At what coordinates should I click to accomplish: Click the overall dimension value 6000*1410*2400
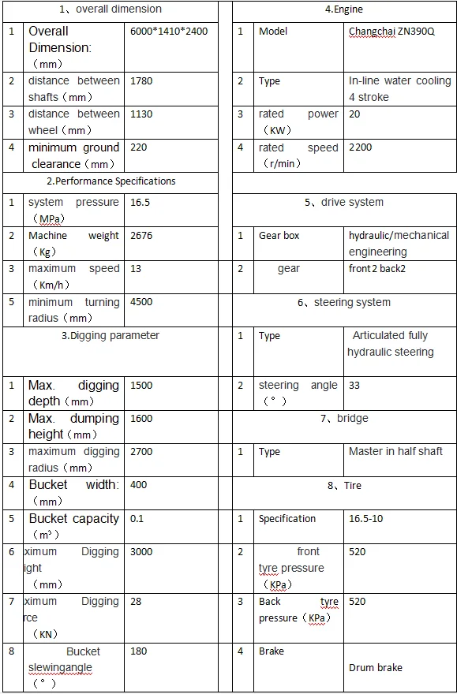[x=168, y=32]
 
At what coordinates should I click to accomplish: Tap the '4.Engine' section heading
[x=343, y=10]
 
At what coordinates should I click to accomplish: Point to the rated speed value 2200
[x=360, y=147]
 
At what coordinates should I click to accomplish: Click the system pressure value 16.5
[x=140, y=203]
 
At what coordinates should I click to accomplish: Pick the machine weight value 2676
[x=141, y=236]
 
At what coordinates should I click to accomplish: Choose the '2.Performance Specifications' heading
[x=111, y=181]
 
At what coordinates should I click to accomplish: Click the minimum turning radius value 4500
[x=141, y=302]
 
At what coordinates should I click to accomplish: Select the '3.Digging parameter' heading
[x=111, y=336]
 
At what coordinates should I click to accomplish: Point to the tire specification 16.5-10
[x=365, y=519]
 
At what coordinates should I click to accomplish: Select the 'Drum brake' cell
[x=376, y=668]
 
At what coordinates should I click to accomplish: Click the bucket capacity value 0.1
[x=138, y=519]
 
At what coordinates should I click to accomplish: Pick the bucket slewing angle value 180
[x=139, y=651]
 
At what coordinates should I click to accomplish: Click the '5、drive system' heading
[x=344, y=203]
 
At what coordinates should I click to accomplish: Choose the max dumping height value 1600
[x=141, y=419]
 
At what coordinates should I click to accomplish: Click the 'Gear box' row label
[x=279, y=236]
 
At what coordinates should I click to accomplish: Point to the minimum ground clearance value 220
[x=139, y=147]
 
